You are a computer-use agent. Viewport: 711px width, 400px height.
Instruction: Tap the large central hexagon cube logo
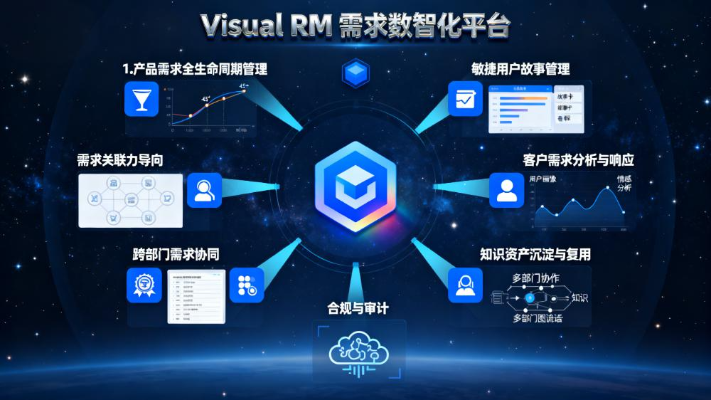355,186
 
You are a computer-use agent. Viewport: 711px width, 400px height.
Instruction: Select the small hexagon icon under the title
355,73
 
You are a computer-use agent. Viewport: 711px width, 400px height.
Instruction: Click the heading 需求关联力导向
120,160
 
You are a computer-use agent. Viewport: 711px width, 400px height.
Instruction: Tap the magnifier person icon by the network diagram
204,191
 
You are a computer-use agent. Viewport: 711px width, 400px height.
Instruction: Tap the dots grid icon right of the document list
246,285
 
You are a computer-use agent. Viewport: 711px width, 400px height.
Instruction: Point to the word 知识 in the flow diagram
580,298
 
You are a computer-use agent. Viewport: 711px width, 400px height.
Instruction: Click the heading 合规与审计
358,308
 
